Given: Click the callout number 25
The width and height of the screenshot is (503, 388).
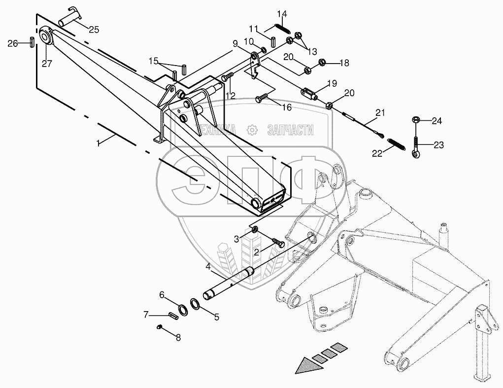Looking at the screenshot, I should pos(94,30).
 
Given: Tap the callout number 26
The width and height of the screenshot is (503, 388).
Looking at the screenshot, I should pos(13,43).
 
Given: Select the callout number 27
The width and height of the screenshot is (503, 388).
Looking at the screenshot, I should pos(46,63).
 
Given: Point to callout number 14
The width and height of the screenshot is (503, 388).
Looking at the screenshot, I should pos(281,13).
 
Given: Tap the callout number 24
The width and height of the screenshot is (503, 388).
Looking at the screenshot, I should pos(437,121).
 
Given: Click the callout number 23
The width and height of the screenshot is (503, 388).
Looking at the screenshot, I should pos(439,145).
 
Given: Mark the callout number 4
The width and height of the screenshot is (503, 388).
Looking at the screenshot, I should pos(208,266).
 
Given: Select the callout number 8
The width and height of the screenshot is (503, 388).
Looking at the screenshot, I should pos(178,338).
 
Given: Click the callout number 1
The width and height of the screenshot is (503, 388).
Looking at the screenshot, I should pos(99,142).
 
